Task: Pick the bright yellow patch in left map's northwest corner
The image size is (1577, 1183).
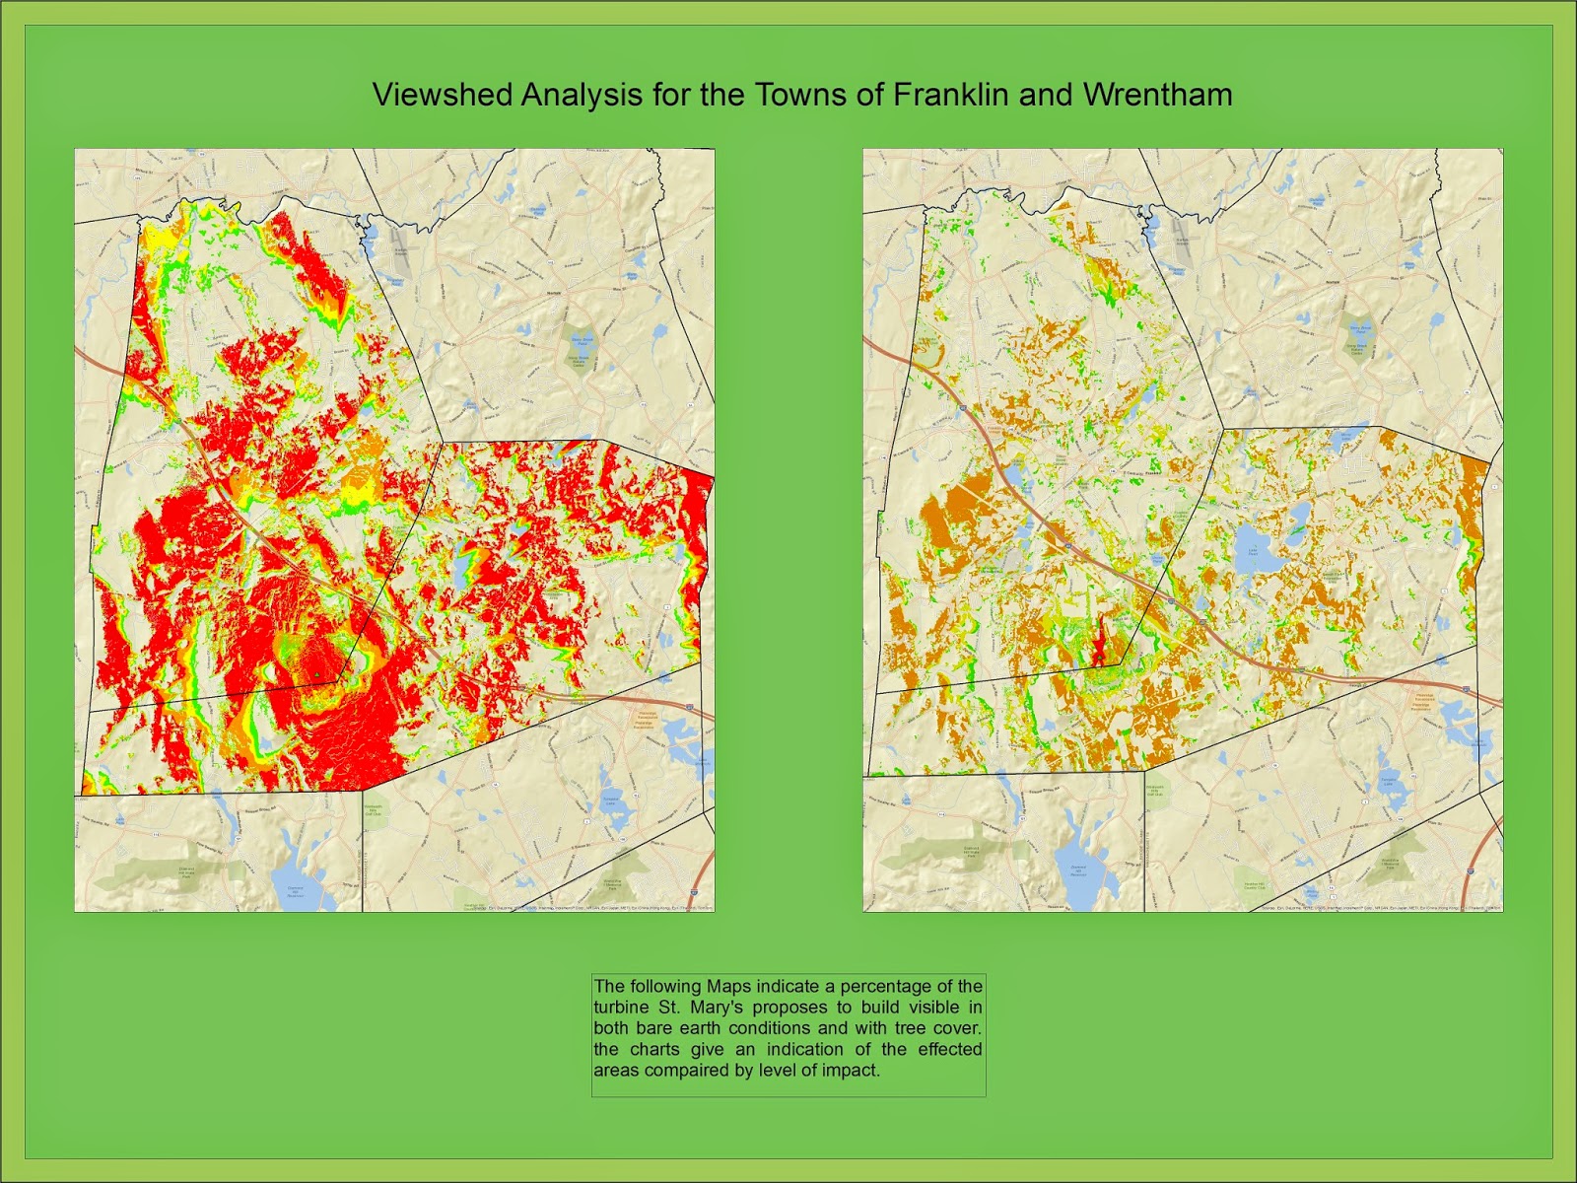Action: pos(158,240)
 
